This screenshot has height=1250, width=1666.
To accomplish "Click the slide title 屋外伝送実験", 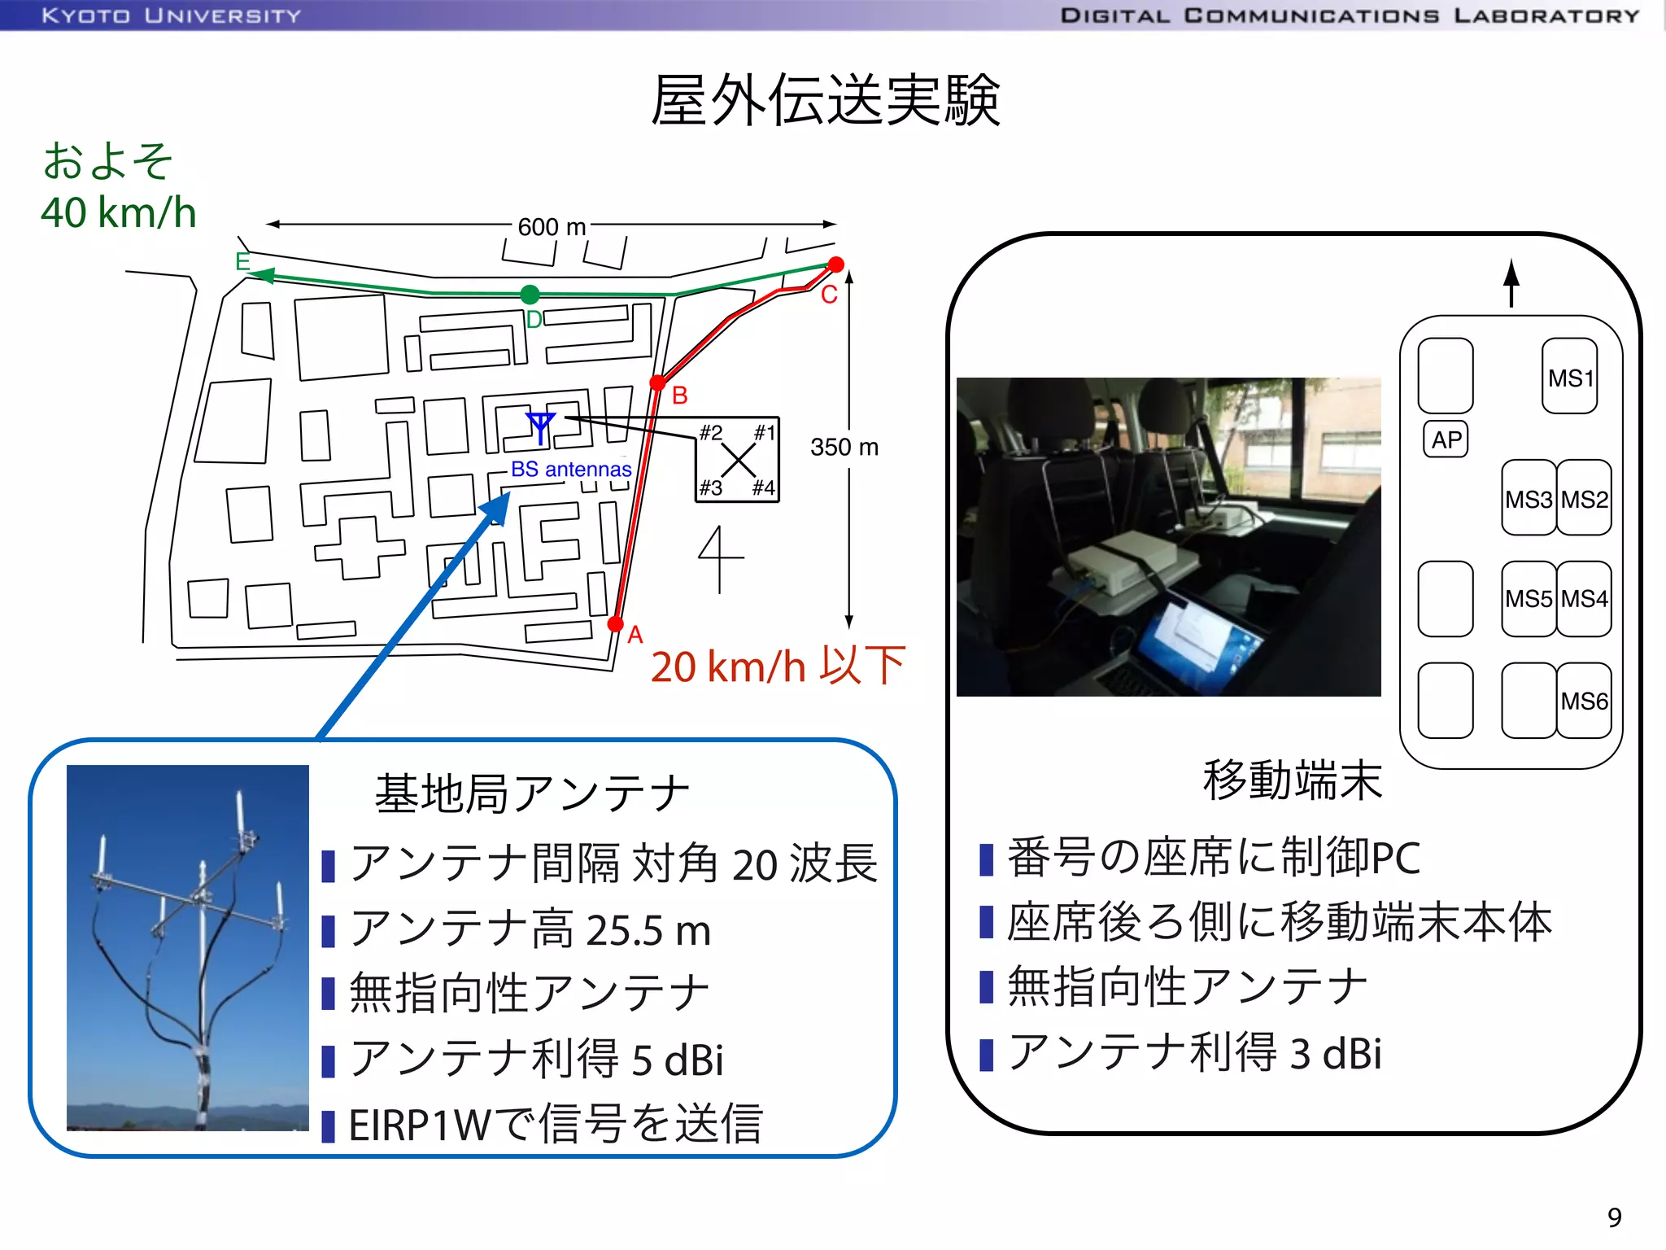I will (825, 101).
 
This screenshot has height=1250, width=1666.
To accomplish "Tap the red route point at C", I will (835, 264).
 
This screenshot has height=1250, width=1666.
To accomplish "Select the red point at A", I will (616, 624).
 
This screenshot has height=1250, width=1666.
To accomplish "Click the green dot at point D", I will (530, 294).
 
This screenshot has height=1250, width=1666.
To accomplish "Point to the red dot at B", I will (658, 382).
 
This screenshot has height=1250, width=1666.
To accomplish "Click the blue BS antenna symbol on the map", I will (540, 426).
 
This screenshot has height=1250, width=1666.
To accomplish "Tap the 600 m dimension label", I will (552, 227).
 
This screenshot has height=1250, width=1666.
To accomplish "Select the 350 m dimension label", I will (844, 447).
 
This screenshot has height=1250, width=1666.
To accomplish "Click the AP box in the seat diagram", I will (1446, 439).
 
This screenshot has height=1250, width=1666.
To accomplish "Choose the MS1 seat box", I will (1569, 377).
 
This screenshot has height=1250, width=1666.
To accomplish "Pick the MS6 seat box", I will (1584, 701).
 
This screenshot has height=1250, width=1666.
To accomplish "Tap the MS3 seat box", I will (1529, 498).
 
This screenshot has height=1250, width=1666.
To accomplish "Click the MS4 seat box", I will (1584, 599).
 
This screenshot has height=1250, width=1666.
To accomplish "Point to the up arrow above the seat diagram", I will (1511, 282).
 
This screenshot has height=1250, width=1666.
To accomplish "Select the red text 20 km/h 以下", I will (778, 667).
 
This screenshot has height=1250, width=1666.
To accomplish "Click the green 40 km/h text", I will (119, 212).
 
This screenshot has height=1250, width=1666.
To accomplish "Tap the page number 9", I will (1615, 1217).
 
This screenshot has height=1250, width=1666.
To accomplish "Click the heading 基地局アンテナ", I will (532, 793).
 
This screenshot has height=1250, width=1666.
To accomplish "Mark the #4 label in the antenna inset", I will (763, 487).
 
